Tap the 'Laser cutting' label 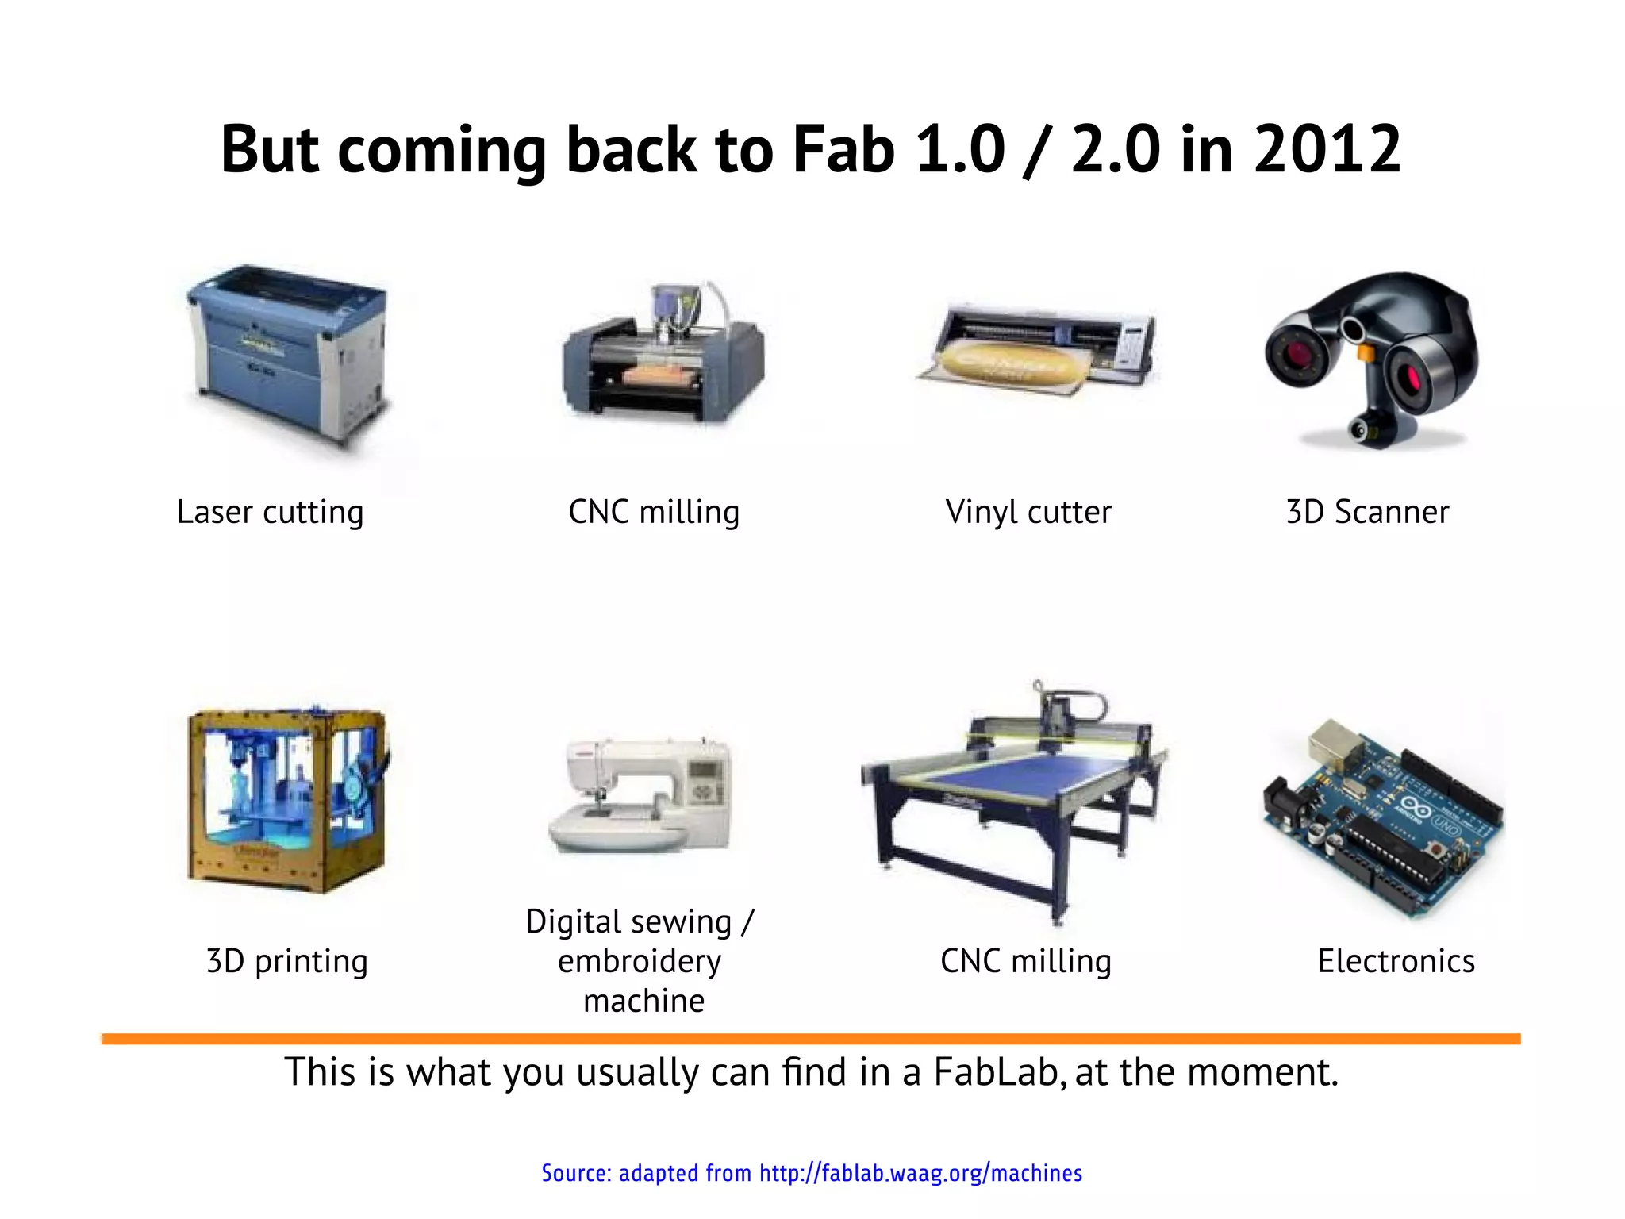[x=270, y=512]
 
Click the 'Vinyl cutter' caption [x=1028, y=512]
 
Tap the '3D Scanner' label [x=1367, y=512]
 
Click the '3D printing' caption [x=286, y=961]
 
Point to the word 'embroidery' [x=640, y=961]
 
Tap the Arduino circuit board [x=1385, y=817]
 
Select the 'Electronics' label [x=1396, y=961]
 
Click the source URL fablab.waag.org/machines [x=920, y=1173]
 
